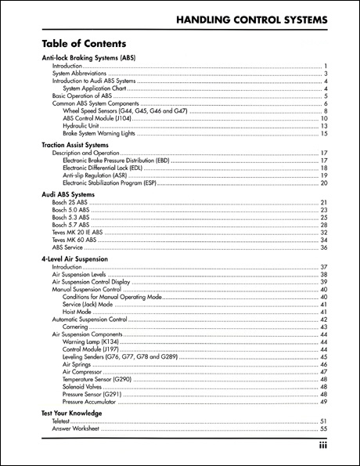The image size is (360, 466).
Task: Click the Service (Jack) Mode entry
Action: pos(90,305)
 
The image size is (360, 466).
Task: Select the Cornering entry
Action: pos(76,327)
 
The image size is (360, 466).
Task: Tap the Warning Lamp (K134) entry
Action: pos(92,341)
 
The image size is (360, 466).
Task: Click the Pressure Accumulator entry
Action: pos(94,401)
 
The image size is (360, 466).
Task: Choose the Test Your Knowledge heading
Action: pos(71,413)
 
